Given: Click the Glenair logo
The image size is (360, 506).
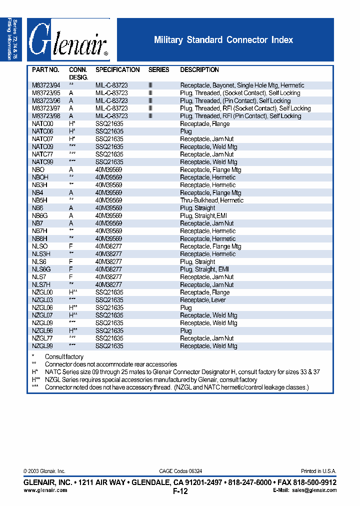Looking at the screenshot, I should (x=68, y=40).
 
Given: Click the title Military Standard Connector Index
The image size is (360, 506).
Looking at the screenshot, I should (x=223, y=40).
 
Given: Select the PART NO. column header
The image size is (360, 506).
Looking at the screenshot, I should (x=45, y=70).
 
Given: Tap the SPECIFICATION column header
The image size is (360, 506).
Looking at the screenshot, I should (x=117, y=70).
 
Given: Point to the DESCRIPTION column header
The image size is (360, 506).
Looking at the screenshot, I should (x=199, y=70).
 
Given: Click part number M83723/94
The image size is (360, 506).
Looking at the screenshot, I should (x=46, y=85).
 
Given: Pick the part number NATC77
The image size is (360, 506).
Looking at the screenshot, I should (x=42, y=154).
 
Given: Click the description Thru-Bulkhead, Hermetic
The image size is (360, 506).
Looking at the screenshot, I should (x=211, y=200).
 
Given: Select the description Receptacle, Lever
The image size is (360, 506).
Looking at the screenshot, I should (x=202, y=300).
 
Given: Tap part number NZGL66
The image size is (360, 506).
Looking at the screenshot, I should (x=42, y=331).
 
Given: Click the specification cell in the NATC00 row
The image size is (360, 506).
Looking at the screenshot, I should (x=109, y=124).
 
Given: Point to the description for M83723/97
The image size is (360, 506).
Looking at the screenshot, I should (x=245, y=108).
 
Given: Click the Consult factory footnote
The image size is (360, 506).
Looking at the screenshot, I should (x=64, y=357).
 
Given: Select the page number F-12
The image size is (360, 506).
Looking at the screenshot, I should (x=180, y=491).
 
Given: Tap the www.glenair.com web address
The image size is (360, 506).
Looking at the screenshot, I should (x=45, y=490).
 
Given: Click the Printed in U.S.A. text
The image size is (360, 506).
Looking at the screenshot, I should (x=318, y=471).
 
